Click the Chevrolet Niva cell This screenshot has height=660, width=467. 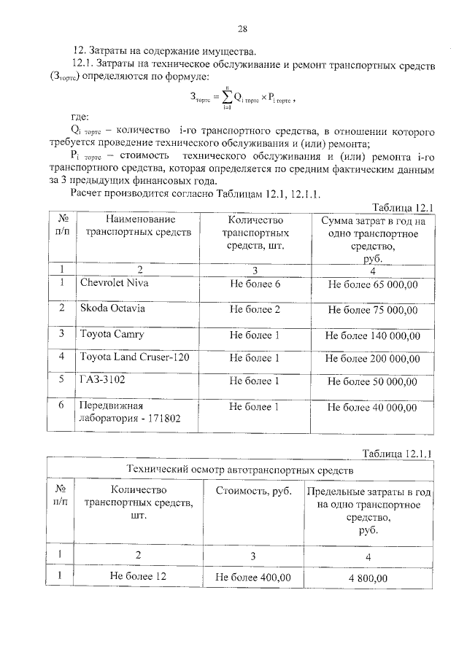(x=114, y=282)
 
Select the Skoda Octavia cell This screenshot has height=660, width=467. (x=112, y=308)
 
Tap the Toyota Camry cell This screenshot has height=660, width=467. (x=112, y=334)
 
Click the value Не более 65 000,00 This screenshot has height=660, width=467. (x=372, y=284)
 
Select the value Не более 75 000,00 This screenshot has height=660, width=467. (x=372, y=310)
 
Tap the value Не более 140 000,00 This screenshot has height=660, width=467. (x=372, y=335)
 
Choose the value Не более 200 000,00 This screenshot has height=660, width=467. (x=372, y=358)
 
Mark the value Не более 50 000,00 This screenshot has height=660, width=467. (x=372, y=381)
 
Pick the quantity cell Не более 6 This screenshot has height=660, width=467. (x=255, y=284)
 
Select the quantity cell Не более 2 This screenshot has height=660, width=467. (x=255, y=309)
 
